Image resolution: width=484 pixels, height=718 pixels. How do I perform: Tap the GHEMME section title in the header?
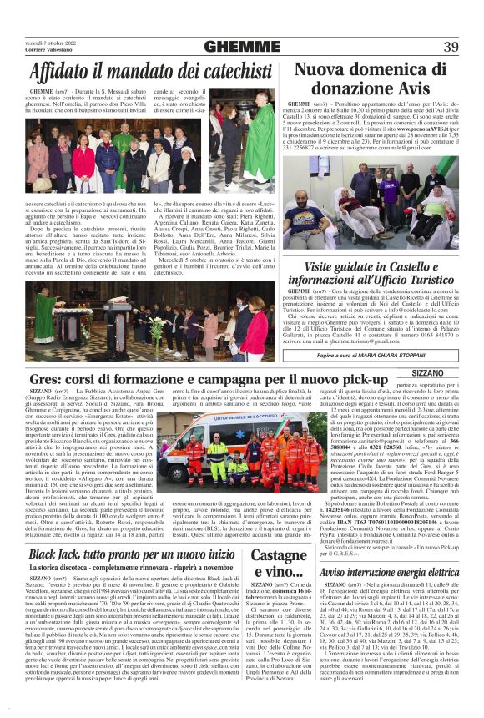[x=242, y=47]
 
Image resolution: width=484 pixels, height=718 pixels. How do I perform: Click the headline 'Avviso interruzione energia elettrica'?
[x=390, y=573]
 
